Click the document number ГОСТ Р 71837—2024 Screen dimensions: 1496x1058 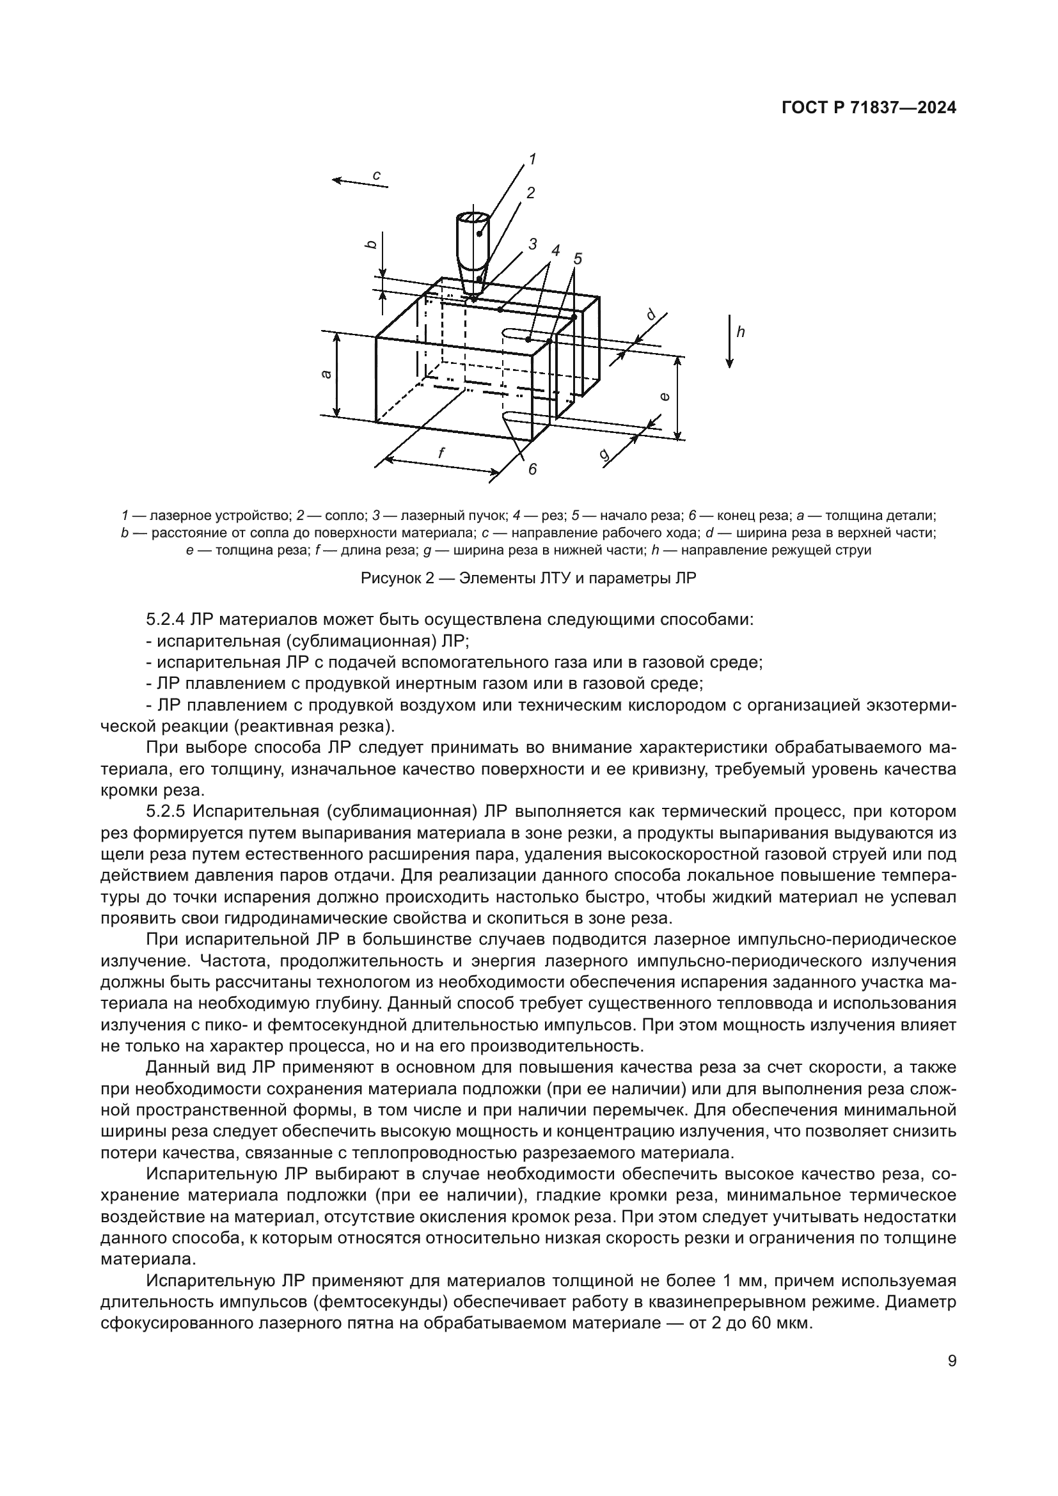869,109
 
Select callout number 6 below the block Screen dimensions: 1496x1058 532,469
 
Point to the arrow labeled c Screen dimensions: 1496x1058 360,182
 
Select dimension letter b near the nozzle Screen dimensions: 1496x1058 371,244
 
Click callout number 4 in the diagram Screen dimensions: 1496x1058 555,251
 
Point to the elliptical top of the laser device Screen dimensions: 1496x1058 472,217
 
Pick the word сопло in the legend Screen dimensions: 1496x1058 338,516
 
